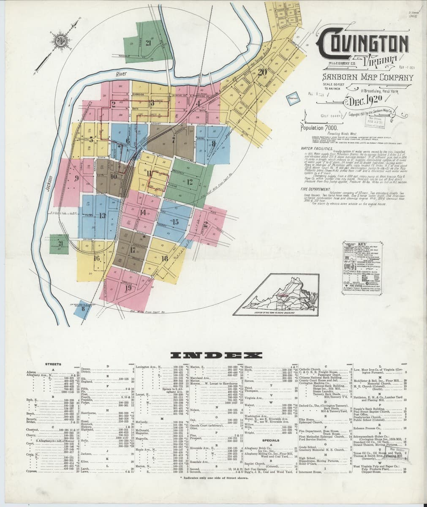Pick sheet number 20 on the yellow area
coord(262,72)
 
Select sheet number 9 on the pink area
coord(76,178)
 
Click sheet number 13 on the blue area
coord(103,215)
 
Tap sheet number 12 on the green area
coord(189,182)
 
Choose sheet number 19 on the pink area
coord(128,288)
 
